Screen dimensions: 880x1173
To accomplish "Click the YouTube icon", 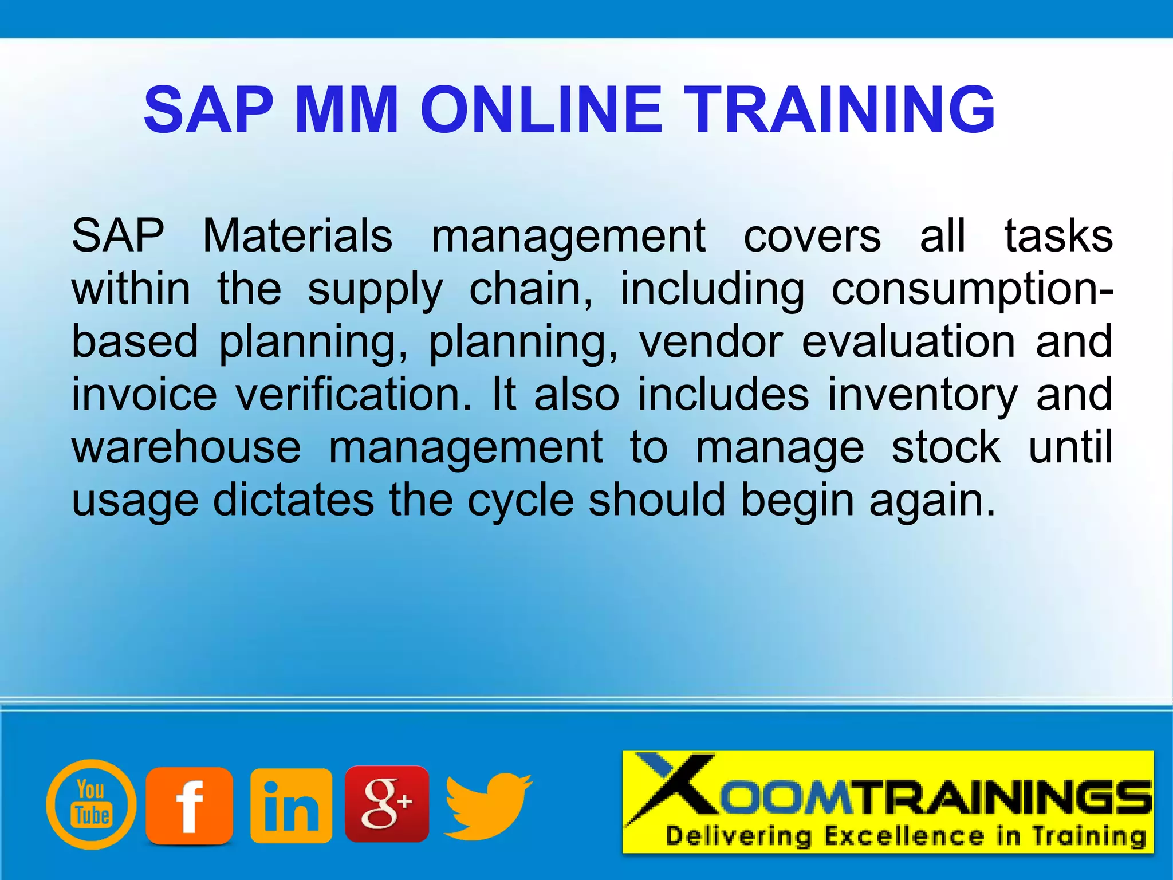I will [x=92, y=804].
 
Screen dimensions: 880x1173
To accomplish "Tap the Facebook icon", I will [x=189, y=806].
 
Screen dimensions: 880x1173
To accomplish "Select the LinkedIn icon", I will [x=291, y=806].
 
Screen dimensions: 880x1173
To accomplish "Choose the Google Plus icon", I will [x=387, y=803].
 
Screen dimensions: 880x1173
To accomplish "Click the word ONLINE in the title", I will [x=541, y=109].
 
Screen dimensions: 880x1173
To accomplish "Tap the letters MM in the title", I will [x=347, y=109].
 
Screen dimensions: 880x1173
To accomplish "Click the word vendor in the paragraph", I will [x=711, y=341].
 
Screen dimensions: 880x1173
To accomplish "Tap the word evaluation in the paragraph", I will [x=908, y=341].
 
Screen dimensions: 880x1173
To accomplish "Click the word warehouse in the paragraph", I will [x=186, y=447].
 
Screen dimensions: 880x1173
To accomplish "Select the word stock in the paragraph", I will [x=946, y=447].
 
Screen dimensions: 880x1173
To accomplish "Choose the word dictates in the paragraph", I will [x=293, y=500].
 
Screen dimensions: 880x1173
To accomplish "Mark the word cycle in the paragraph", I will [x=521, y=500].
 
